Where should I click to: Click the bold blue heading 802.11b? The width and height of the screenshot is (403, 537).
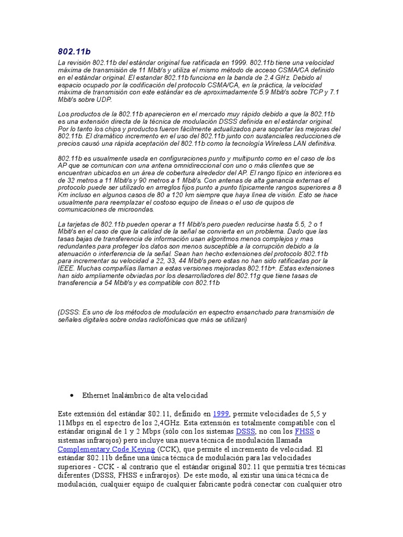point(74,51)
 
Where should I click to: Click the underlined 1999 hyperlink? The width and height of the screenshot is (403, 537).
point(221,414)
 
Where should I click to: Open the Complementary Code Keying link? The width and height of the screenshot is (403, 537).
point(106,449)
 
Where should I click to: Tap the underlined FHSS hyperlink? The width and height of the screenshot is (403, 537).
point(304,432)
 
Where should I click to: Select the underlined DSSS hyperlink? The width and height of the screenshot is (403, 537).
point(246,432)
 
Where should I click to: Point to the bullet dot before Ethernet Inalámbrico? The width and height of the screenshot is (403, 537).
point(71,394)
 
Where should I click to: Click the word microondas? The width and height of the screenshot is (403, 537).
point(136,209)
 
